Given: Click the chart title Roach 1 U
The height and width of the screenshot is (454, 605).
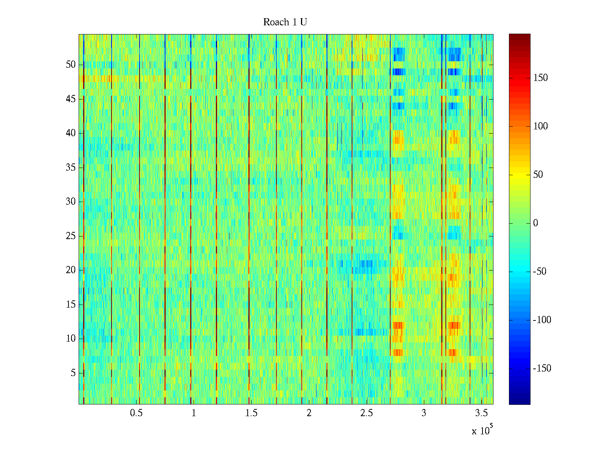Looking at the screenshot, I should point(285,22).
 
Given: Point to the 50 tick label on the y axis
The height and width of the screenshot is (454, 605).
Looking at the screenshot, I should point(71,65).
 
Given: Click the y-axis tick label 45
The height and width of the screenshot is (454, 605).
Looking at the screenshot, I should point(71,99).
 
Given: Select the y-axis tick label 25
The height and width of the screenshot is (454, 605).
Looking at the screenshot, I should point(71,236).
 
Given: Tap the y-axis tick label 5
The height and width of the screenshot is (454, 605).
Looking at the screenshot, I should point(73,373).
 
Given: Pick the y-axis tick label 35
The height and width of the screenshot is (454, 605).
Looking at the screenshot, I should point(71,168).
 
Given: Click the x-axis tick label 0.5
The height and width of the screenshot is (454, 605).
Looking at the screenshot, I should point(136,413).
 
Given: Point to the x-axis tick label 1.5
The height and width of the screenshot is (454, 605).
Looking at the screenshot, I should point(251,413).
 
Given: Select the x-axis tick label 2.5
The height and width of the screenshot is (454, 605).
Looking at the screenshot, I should point(366,413).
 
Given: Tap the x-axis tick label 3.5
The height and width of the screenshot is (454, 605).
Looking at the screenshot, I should point(481,413).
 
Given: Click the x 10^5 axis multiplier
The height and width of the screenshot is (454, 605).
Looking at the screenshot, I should point(482,431).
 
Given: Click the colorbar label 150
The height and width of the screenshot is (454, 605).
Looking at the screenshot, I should point(540,78).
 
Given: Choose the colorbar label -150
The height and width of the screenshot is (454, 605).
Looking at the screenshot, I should point(542,368).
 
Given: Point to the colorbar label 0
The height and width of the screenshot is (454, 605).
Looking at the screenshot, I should point(535,223).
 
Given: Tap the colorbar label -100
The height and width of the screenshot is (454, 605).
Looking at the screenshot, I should point(542,320).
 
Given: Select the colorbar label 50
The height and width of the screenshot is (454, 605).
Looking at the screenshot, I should point(538,175).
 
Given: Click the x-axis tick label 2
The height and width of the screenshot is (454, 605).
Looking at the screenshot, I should point(309,413).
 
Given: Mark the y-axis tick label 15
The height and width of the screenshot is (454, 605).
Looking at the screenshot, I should point(71,305).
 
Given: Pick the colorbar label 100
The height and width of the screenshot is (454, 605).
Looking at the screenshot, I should point(540,126).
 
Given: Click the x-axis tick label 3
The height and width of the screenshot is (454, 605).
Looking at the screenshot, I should point(424,413).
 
